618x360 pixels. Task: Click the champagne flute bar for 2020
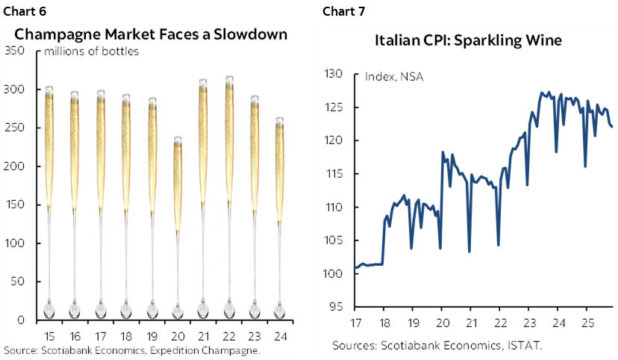coord(177,224)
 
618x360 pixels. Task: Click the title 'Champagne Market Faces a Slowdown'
coord(151,34)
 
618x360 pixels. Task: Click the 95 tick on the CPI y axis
coord(335,307)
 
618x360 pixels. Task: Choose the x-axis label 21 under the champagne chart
coord(203,335)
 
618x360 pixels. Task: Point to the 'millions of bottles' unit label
coord(92,52)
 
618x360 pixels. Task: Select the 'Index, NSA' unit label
coord(394,75)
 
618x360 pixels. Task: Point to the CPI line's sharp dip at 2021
coord(469,251)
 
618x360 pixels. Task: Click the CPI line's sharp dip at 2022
coord(498,244)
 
